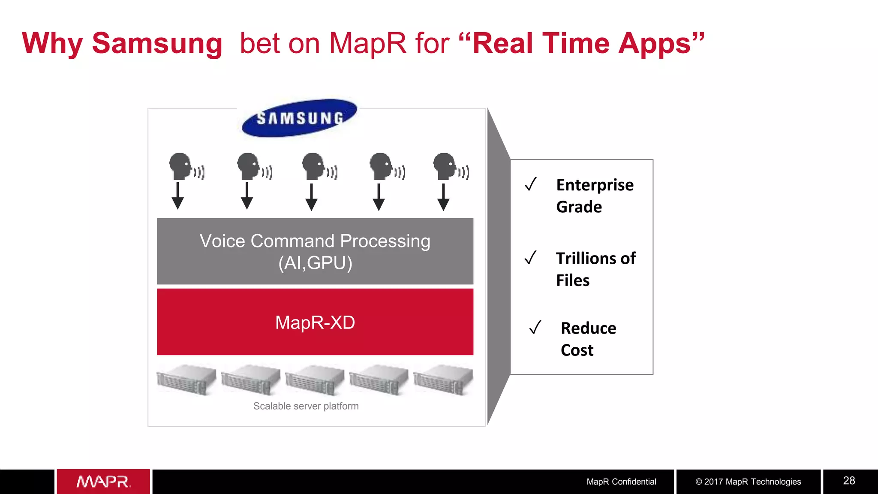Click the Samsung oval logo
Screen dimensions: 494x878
(299, 118)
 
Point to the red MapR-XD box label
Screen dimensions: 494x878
(315, 322)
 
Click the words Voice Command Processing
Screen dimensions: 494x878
(315, 241)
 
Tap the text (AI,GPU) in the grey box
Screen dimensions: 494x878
(315, 263)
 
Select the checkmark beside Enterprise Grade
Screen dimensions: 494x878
(531, 184)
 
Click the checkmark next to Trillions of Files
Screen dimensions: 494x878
(531, 258)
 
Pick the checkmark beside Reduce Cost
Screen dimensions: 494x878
(535, 328)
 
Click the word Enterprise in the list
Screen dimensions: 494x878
(595, 185)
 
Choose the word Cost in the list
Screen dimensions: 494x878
(577, 350)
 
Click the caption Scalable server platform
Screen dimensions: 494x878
(306, 406)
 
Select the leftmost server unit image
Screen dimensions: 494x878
(186, 380)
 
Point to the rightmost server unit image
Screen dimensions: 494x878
(443, 380)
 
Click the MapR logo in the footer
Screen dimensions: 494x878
(103, 482)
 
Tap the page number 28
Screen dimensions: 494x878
(849, 481)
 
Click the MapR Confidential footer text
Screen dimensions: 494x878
(621, 482)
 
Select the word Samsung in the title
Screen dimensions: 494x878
(157, 44)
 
